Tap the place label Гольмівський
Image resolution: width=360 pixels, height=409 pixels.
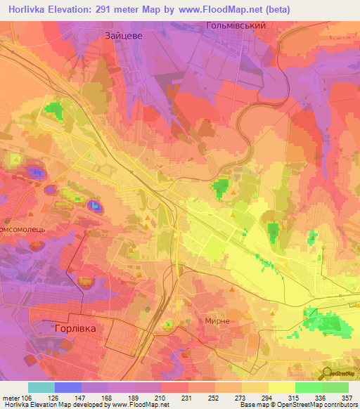235,25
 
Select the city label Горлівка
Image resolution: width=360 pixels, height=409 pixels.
75,328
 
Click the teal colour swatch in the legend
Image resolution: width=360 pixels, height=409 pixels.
41,387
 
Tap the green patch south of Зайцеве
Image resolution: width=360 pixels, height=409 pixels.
53,111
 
